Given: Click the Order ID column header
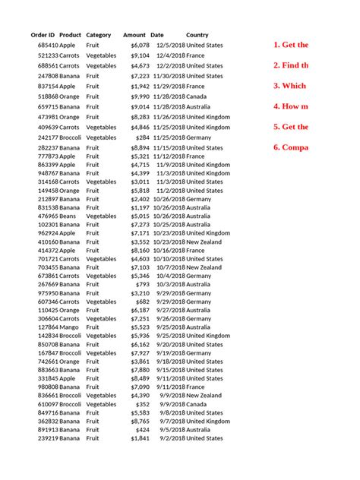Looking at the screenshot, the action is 43,35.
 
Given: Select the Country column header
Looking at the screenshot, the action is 197,35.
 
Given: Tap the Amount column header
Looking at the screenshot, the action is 134,35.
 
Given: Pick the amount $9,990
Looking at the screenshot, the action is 140,96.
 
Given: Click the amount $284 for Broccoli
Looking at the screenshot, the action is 143,137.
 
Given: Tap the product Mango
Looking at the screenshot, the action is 69,327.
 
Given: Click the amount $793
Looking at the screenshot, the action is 143,284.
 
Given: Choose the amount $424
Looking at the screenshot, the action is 143,429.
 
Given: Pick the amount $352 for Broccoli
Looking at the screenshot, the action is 143,404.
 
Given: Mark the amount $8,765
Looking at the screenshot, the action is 140,421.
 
